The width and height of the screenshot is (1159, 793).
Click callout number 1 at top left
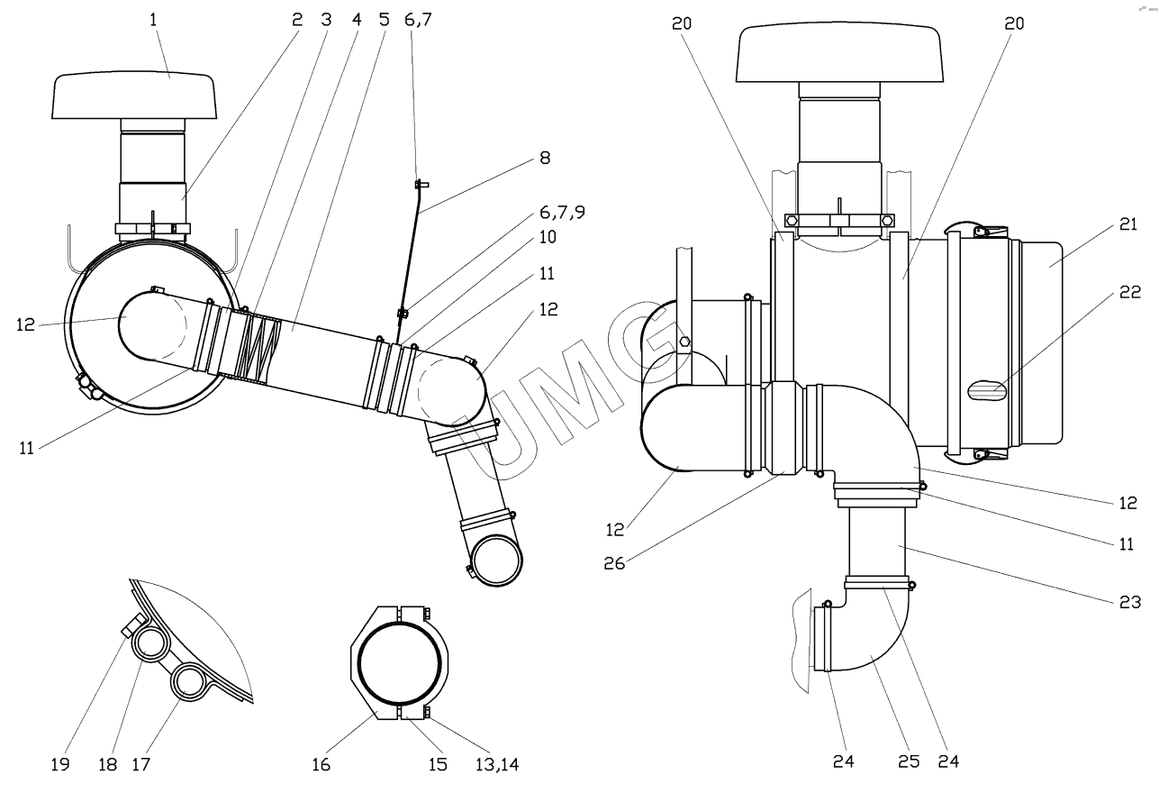pos(152,20)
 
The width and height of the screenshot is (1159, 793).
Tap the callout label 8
pos(545,158)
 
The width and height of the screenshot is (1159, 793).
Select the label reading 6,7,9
pos(563,213)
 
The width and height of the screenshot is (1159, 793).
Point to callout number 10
pos(548,237)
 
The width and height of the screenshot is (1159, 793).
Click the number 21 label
pos(1128,224)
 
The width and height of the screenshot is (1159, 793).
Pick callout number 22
pos(1130,292)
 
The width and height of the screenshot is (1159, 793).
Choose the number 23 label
pos(1130,602)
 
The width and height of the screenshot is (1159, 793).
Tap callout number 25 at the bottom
pos(909,761)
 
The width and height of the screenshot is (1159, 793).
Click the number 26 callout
pos(615,563)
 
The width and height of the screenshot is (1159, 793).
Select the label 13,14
pos(497,764)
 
